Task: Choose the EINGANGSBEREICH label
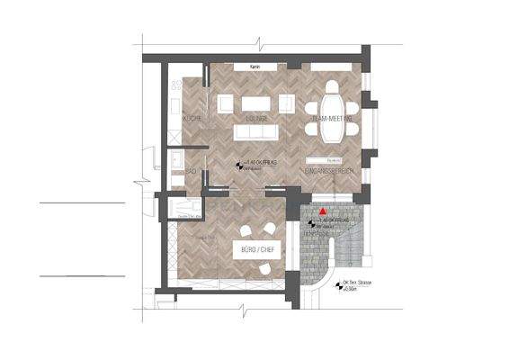coord(327,170)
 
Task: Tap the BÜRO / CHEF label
coord(257,249)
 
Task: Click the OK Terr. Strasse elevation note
coord(357,285)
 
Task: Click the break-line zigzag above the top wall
coord(259,42)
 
